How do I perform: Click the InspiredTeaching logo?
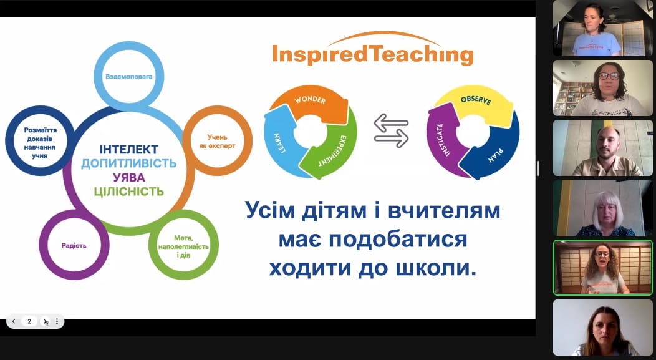pos(372,49)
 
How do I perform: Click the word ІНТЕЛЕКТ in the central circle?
pos(129,150)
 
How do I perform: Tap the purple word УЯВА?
pos(129,177)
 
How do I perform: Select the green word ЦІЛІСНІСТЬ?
pos(129,192)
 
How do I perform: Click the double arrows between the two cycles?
pos(391,131)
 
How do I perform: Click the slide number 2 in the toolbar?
pos(29,321)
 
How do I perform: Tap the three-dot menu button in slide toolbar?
pos(57,321)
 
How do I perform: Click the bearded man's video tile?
pos(603,148)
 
